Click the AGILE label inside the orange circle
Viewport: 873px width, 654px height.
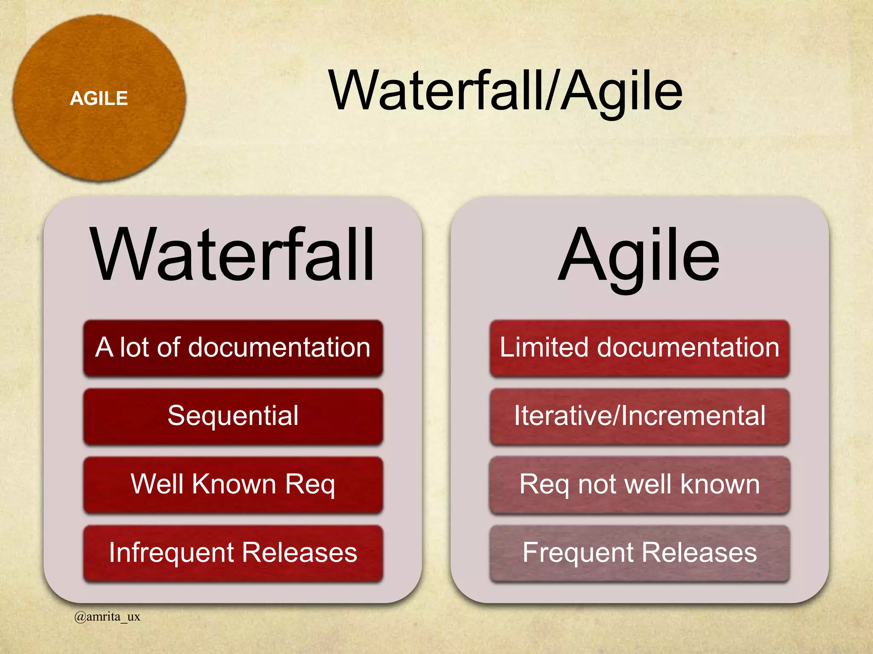point(99,98)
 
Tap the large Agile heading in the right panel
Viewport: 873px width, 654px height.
point(639,255)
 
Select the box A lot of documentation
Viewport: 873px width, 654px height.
point(233,348)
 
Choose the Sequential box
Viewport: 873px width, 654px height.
point(233,416)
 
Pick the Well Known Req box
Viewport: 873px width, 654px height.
point(233,485)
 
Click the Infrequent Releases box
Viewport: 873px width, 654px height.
point(233,553)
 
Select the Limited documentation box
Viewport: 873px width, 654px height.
point(639,348)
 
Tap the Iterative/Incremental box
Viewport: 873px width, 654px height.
point(639,416)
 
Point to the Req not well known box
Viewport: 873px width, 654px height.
point(639,485)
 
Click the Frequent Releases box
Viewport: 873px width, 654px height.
point(639,553)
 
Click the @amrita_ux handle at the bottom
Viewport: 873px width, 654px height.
point(107,617)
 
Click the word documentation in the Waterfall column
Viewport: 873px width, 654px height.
point(279,347)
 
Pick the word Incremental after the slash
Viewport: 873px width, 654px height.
point(693,416)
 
